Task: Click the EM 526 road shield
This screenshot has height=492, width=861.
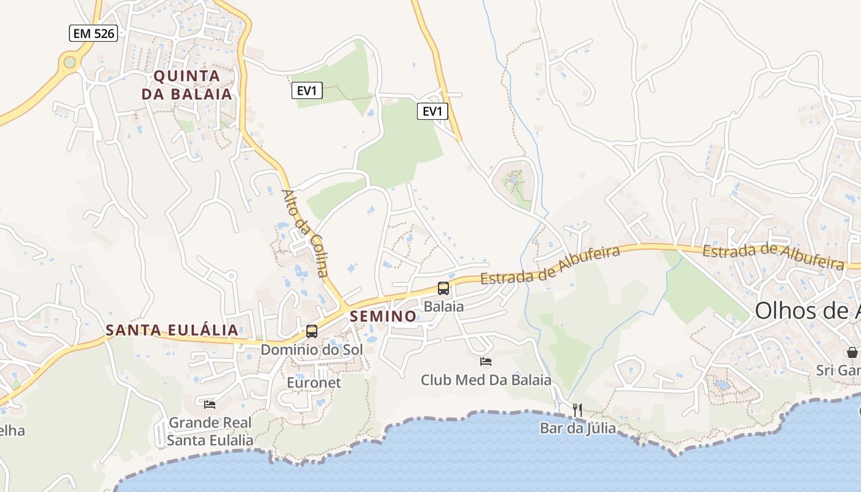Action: click(x=93, y=33)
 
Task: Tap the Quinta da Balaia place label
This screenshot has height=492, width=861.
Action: click(x=187, y=85)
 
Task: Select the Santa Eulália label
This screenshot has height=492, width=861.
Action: click(x=172, y=330)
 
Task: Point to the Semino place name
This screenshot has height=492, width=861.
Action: click(x=383, y=316)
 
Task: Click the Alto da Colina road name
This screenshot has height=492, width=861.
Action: click(x=305, y=233)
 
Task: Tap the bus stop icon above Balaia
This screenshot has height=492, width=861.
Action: click(x=443, y=288)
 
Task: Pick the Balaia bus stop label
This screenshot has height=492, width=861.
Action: click(x=443, y=306)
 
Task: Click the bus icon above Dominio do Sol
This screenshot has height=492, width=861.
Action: click(x=312, y=331)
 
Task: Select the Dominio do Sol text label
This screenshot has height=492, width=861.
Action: click(x=312, y=349)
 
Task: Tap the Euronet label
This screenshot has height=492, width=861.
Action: click(x=314, y=383)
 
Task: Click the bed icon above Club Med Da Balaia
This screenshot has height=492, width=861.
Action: click(x=486, y=362)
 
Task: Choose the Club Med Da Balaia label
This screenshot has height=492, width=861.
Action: click(x=486, y=380)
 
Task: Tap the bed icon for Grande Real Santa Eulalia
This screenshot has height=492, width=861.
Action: click(x=210, y=404)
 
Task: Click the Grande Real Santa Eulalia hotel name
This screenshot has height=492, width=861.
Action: click(x=210, y=431)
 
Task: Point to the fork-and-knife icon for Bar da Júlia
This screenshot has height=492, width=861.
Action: click(x=577, y=410)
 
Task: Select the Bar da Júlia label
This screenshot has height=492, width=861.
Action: click(x=577, y=427)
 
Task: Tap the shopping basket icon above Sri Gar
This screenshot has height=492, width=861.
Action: click(x=852, y=352)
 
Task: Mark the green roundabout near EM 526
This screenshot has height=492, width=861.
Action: click(x=69, y=61)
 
